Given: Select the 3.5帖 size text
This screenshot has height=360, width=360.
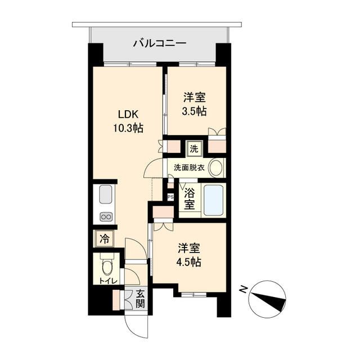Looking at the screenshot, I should pos(195,111).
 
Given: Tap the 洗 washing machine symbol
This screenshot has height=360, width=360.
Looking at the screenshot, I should pos(194,150).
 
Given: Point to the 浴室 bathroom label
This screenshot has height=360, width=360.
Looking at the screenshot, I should pos(190,198).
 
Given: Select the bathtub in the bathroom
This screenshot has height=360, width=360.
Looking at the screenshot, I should pos(213,200).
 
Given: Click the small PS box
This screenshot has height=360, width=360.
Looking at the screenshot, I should pos(170,196).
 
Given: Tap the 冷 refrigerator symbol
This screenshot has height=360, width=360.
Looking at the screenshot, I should pos(104,238).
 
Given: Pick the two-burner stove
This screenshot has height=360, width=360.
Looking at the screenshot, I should pos(106,217).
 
